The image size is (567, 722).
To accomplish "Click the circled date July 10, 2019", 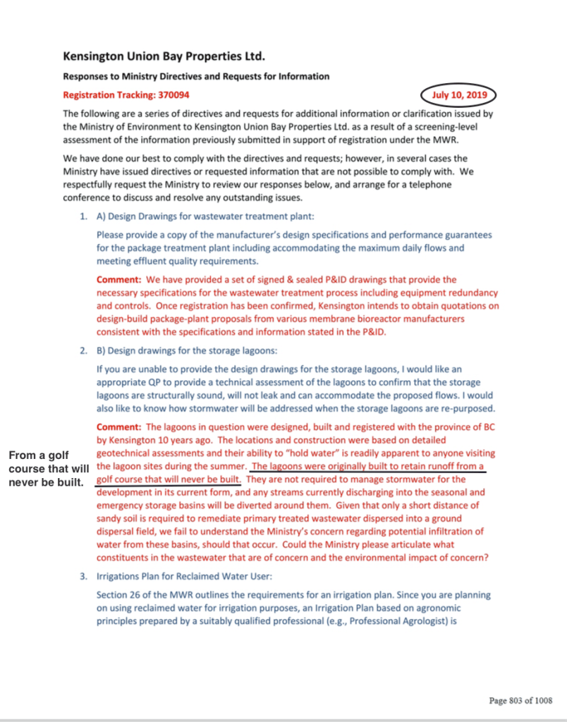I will tap(458, 94).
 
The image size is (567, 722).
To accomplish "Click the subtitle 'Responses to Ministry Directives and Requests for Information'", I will tap(196, 76).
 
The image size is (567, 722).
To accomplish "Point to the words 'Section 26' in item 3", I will tap(118, 596).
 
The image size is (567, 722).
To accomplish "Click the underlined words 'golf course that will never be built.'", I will tap(169, 479).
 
